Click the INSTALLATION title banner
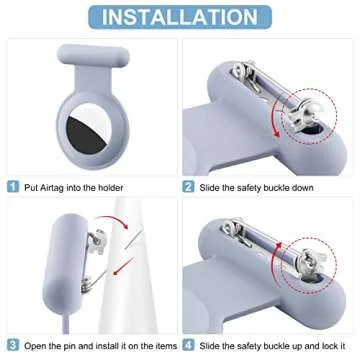pos(180,17)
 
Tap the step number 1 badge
pos(12,186)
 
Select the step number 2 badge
pos(187,186)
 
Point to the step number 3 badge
pos(12,346)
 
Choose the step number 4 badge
pos(187,346)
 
